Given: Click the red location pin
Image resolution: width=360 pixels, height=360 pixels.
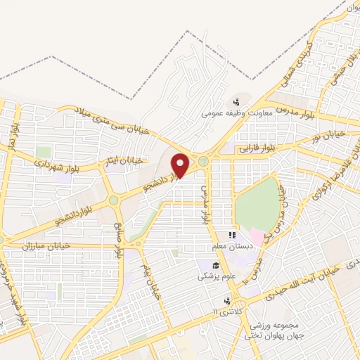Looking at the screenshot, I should pyautogui.click(x=181, y=165).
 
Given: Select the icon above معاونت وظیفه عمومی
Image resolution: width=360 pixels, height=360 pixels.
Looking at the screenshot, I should pyautogui.click(x=236, y=101).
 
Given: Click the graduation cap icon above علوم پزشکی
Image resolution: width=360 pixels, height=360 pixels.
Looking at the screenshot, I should pyautogui.click(x=216, y=266).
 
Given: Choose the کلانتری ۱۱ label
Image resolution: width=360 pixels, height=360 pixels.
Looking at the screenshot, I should pyautogui.click(x=226, y=310).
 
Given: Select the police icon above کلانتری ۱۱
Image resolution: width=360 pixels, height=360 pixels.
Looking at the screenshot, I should pyautogui.click(x=226, y=300).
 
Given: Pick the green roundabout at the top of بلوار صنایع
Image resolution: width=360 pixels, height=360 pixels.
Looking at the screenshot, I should pyautogui.click(x=113, y=201).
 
